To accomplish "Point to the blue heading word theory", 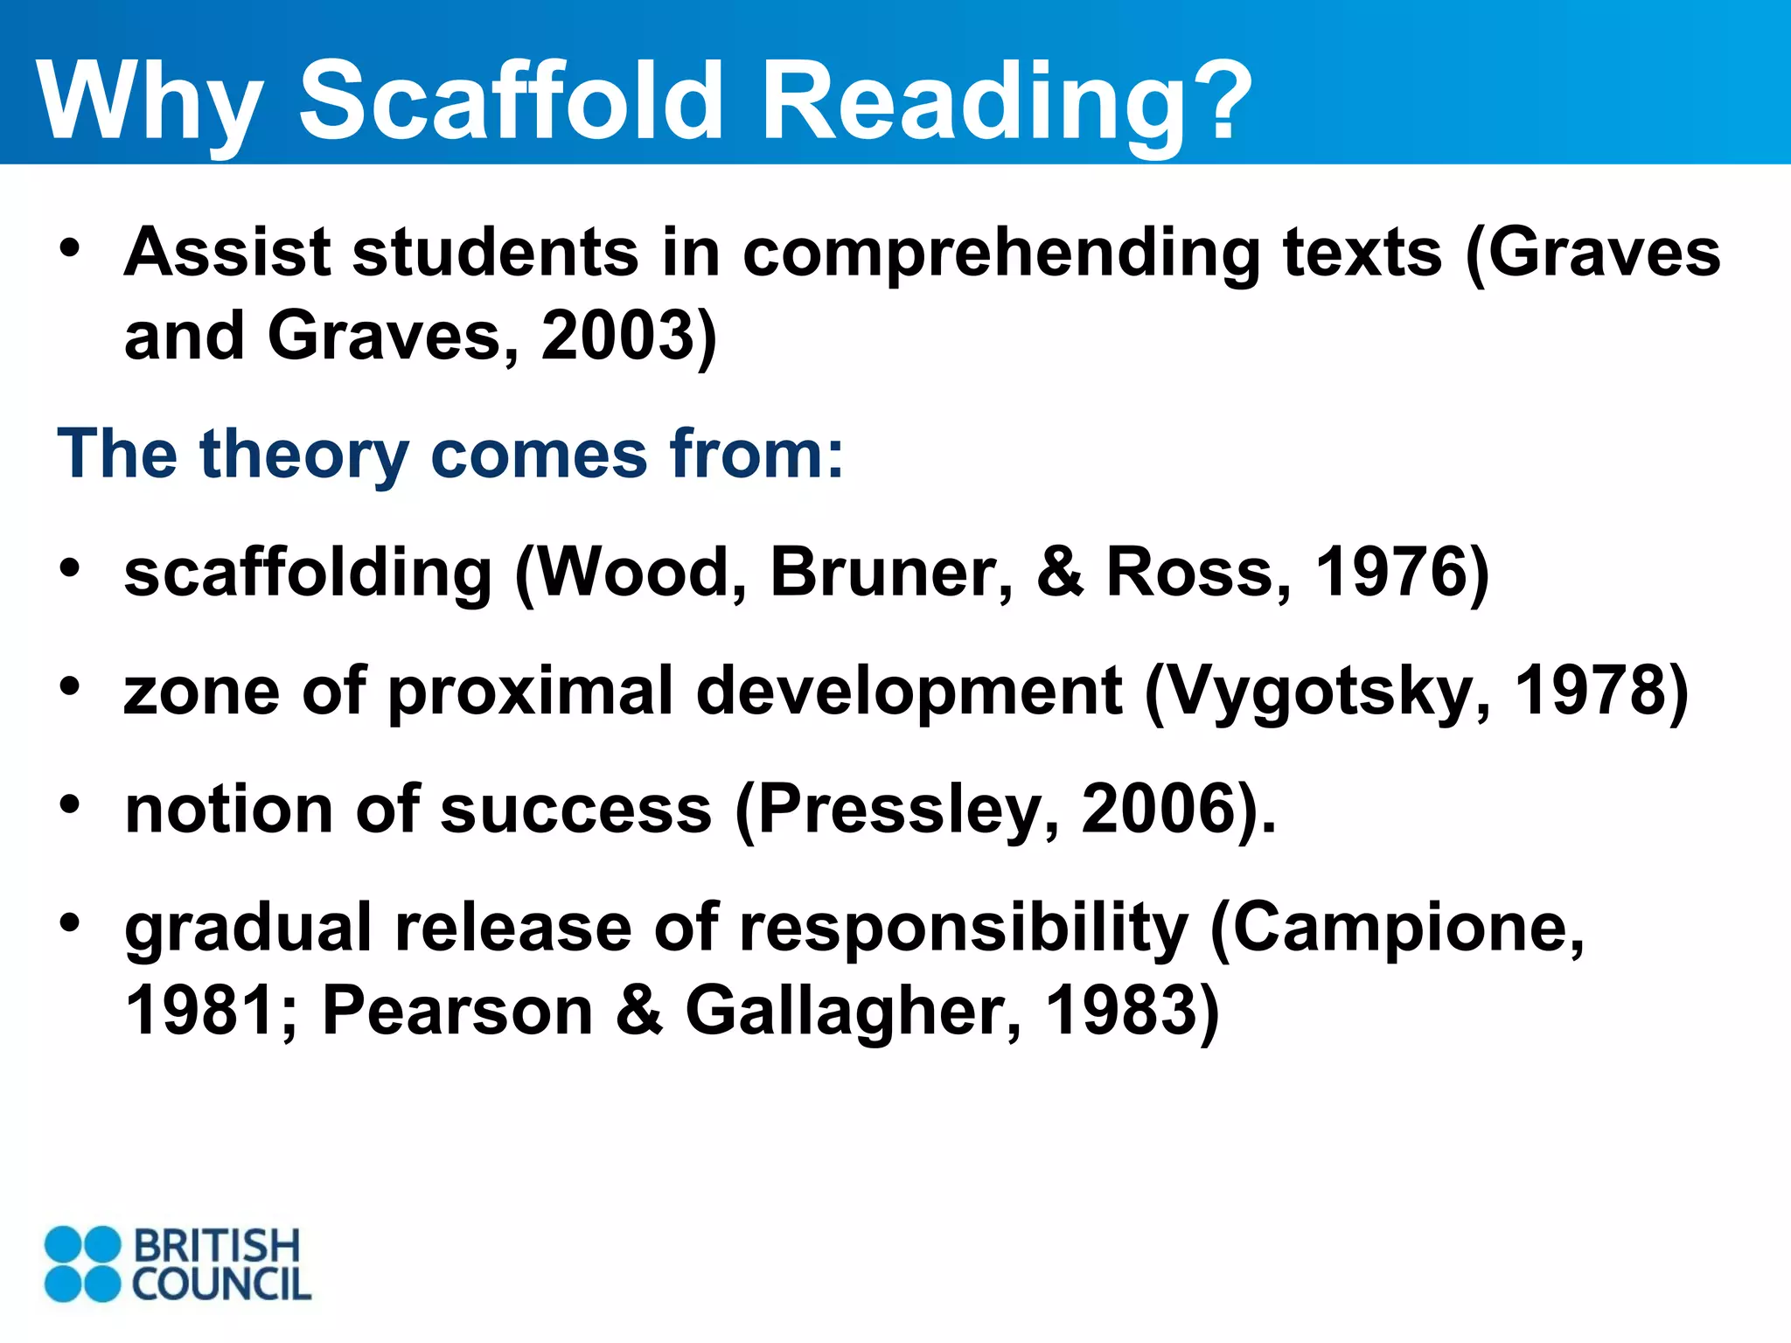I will point(303,455).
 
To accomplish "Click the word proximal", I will point(531,692).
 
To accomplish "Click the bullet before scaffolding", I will point(70,568).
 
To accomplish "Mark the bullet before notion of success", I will point(70,804).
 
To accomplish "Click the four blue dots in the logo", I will point(82,1263).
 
